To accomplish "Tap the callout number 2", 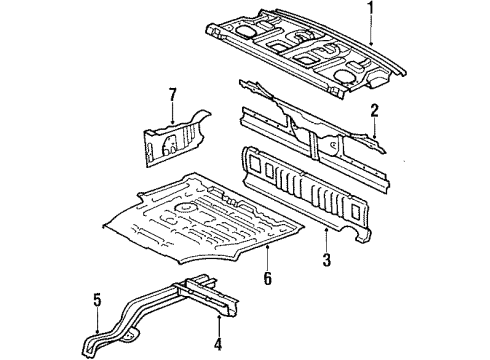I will coord(373,111).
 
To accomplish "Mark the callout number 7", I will coord(172,95).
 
